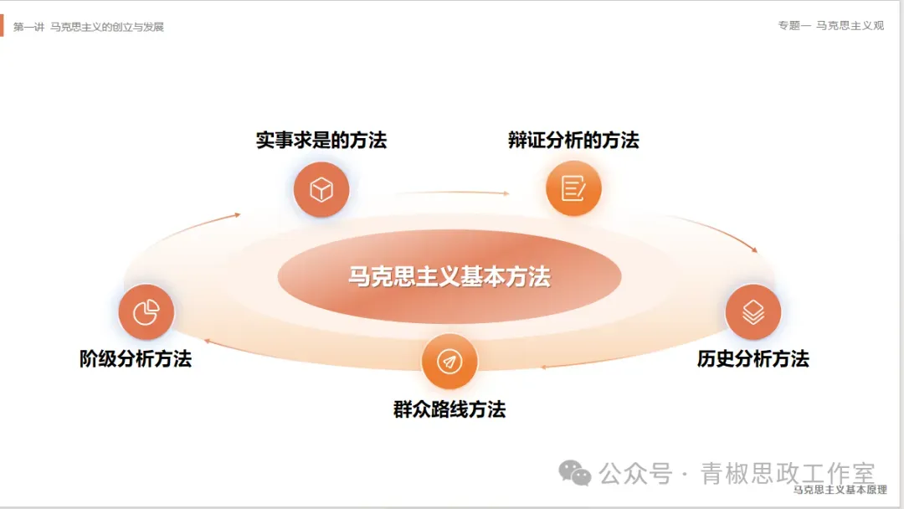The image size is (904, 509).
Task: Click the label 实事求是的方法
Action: pos(321,140)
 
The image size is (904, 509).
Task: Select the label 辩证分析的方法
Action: pos(573,140)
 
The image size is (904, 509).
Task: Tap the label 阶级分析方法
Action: pos(136,358)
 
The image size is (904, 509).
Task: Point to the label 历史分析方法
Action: pos(753,358)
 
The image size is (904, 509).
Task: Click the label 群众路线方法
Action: pos(449,409)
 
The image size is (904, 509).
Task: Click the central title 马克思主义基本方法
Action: pos(449,276)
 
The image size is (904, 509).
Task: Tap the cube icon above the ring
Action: pos(321,190)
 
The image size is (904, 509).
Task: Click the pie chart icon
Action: pos(146,312)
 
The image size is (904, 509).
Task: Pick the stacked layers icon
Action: pos(753,312)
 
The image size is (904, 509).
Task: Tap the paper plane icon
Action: pos(449,362)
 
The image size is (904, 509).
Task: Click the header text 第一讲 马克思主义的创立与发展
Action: pos(89,27)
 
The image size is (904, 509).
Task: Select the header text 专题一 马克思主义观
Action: pos(830,26)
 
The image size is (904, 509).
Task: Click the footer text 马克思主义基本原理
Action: pos(840,490)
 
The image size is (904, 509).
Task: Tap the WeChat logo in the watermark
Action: pos(575,473)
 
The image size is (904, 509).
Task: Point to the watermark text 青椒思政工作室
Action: pos(788,473)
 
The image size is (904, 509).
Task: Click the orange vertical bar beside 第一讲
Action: pos(3,25)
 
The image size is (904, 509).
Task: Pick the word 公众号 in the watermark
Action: pos(636,474)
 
